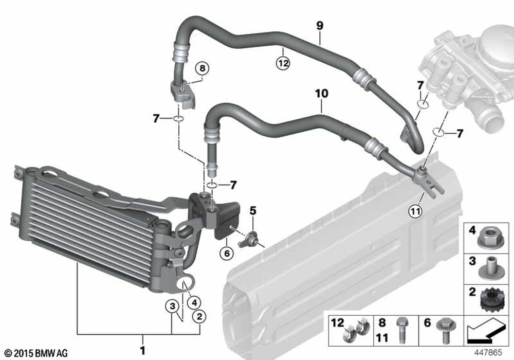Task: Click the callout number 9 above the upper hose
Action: pos(319,24)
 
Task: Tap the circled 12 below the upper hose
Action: pos(283,63)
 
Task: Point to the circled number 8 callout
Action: pos(202,68)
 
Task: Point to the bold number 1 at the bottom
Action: pos(142,351)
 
